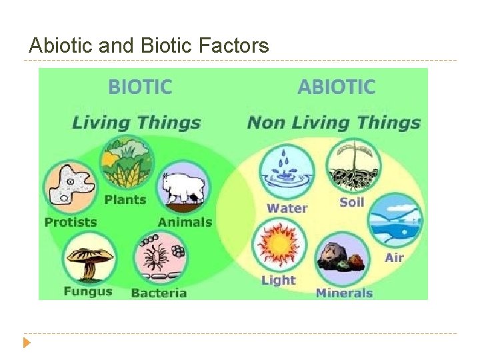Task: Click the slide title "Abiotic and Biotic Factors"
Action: click(x=149, y=45)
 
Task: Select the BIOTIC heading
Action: click(x=140, y=87)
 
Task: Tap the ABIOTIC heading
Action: click(x=336, y=87)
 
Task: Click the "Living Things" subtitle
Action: click(x=136, y=122)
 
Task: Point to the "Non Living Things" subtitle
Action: click(x=333, y=122)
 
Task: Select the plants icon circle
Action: click(x=127, y=163)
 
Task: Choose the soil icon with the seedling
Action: click(x=353, y=166)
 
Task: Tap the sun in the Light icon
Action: click(x=279, y=245)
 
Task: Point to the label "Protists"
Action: click(x=71, y=222)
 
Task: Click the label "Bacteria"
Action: click(x=159, y=293)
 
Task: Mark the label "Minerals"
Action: click(x=343, y=293)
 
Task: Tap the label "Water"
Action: click(x=287, y=208)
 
